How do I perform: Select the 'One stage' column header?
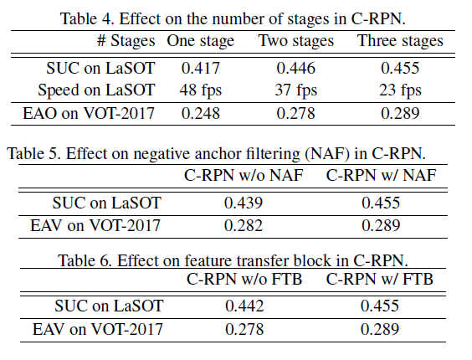tap(202, 41)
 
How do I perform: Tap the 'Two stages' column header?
tap(296, 41)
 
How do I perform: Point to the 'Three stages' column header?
tap(400, 41)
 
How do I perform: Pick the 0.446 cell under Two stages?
tap(296, 69)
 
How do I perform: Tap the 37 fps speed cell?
tap(296, 90)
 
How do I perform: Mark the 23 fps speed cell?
tap(400, 90)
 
